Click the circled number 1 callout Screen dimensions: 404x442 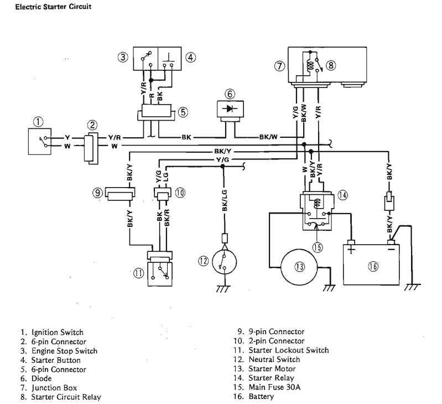[x=37, y=121]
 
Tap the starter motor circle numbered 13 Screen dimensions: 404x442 [x=299, y=266]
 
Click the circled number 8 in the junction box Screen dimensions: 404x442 [x=331, y=65]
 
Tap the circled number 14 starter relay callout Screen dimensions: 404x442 [x=343, y=194]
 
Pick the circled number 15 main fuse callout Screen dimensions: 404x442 [x=317, y=247]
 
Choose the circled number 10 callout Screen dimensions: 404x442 [x=180, y=193]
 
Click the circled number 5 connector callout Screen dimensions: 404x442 [x=183, y=111]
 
